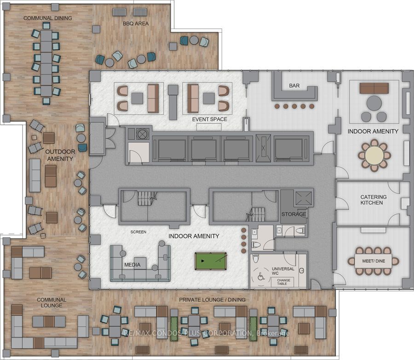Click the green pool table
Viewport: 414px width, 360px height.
coord(211,261)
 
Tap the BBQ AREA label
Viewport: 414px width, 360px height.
coord(136,23)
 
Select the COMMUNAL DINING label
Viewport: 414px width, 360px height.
coord(48,18)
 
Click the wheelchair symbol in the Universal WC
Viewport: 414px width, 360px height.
coord(261,277)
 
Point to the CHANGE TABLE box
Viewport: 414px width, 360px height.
coord(283,282)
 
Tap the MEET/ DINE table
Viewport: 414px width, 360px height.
coord(374,261)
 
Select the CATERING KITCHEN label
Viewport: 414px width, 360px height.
coord(374,200)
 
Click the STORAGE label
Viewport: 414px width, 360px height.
coord(293,214)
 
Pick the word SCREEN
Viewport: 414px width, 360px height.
coord(138,232)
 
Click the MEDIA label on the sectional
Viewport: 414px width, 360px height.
coord(132,265)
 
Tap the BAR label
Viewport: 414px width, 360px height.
coord(294,86)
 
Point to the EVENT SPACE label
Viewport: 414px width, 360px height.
coord(210,119)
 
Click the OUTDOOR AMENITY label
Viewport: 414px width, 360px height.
coord(60,155)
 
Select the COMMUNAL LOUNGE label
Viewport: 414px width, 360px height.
coord(52,302)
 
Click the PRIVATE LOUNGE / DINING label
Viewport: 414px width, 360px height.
coord(212,300)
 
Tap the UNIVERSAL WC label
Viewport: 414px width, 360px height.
coord(283,271)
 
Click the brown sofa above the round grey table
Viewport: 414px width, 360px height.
coord(374,88)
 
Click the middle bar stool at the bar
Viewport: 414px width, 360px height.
coord(294,106)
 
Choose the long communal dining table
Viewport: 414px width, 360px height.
coord(46,63)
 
